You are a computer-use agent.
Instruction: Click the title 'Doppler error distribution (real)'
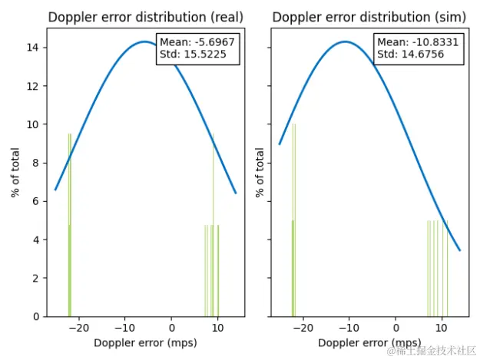tap(145, 17)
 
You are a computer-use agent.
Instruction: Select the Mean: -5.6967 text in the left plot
tap(197, 42)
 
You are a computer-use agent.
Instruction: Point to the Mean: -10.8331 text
tap(419, 42)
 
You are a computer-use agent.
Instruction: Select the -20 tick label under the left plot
tap(76, 328)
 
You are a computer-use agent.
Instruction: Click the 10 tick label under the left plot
tap(217, 328)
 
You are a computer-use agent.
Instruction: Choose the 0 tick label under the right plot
tap(396, 328)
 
